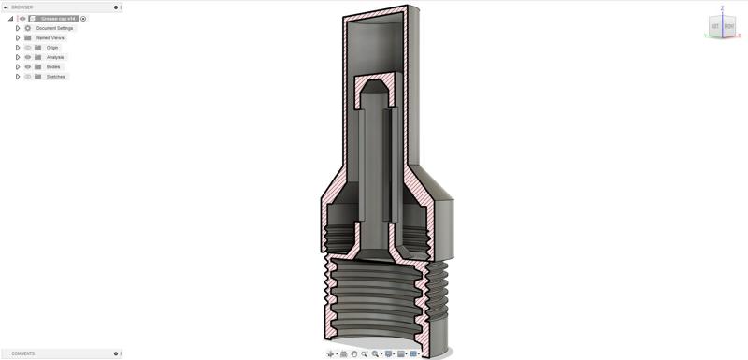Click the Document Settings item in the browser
pyautogui.click(x=54, y=28)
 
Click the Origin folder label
pyautogui.click(x=52, y=48)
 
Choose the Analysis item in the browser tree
pyautogui.click(x=55, y=57)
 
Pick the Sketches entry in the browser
pyautogui.click(x=56, y=77)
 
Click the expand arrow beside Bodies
pyautogui.click(x=18, y=66)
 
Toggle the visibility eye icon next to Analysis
pyautogui.click(x=28, y=57)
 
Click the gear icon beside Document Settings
pyautogui.click(x=28, y=28)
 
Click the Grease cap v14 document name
pyautogui.click(x=57, y=18)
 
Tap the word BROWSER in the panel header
pyautogui.click(x=22, y=7)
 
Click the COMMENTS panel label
pyautogui.click(x=23, y=353)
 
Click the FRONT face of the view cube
pyautogui.click(x=729, y=27)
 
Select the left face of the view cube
pyautogui.click(x=716, y=27)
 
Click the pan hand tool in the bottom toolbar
pyautogui.click(x=353, y=354)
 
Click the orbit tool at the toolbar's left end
pyautogui.click(x=331, y=354)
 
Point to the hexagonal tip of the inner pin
pyautogui.click(x=373, y=88)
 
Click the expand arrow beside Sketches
pyautogui.click(x=18, y=77)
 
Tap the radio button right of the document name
pyautogui.click(x=83, y=18)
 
